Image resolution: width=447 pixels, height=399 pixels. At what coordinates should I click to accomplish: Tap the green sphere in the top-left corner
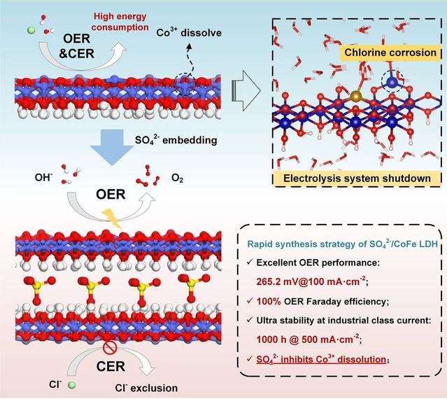(x=31, y=30)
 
